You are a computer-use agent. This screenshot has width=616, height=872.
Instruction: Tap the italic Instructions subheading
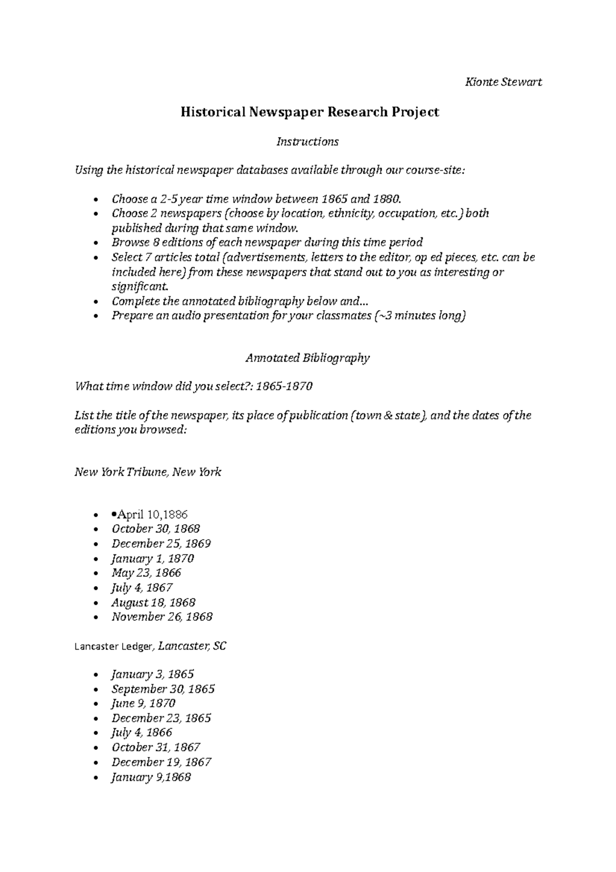click(x=307, y=142)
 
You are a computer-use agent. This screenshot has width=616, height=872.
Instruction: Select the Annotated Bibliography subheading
click(x=307, y=358)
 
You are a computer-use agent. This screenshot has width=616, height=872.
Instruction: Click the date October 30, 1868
click(x=156, y=529)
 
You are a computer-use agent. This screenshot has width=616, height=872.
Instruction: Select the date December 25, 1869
click(x=161, y=544)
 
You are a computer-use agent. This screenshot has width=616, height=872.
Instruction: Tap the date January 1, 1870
click(x=152, y=559)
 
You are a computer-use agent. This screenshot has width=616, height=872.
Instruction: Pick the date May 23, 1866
click(x=146, y=573)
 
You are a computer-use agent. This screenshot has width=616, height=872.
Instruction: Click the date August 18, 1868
click(x=153, y=603)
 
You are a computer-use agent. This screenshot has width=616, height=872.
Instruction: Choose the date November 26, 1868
click(x=162, y=617)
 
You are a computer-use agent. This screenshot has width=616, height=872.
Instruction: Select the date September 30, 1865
click(x=163, y=689)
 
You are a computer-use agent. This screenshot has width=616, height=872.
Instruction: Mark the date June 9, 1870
click(x=143, y=704)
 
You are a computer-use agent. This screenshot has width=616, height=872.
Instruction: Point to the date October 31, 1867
click(x=156, y=748)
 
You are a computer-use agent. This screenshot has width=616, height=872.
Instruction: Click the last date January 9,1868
click(x=151, y=778)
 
